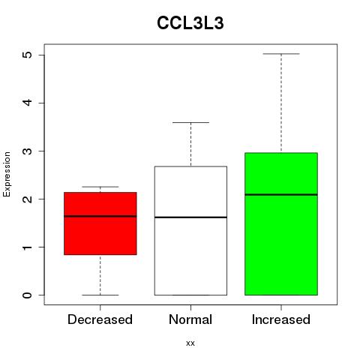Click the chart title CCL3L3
coord(190,23)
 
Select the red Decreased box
coord(100,223)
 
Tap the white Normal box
coord(190,230)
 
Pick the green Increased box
coord(281,223)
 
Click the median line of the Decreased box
coord(100,216)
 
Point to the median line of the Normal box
coord(190,217)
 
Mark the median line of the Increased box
coord(281,194)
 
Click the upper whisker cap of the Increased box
coord(281,54)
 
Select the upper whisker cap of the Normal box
coord(190,122)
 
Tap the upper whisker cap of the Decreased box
coord(100,187)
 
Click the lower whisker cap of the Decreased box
coord(100,295)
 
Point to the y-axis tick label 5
coord(28,55)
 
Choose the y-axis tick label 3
coord(28,151)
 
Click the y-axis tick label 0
coord(28,295)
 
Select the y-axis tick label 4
coord(28,103)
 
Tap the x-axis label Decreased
coord(100,319)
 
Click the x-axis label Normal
coord(190,319)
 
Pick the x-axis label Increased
coord(281,319)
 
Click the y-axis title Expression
coord(7,174)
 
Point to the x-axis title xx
coord(190,343)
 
